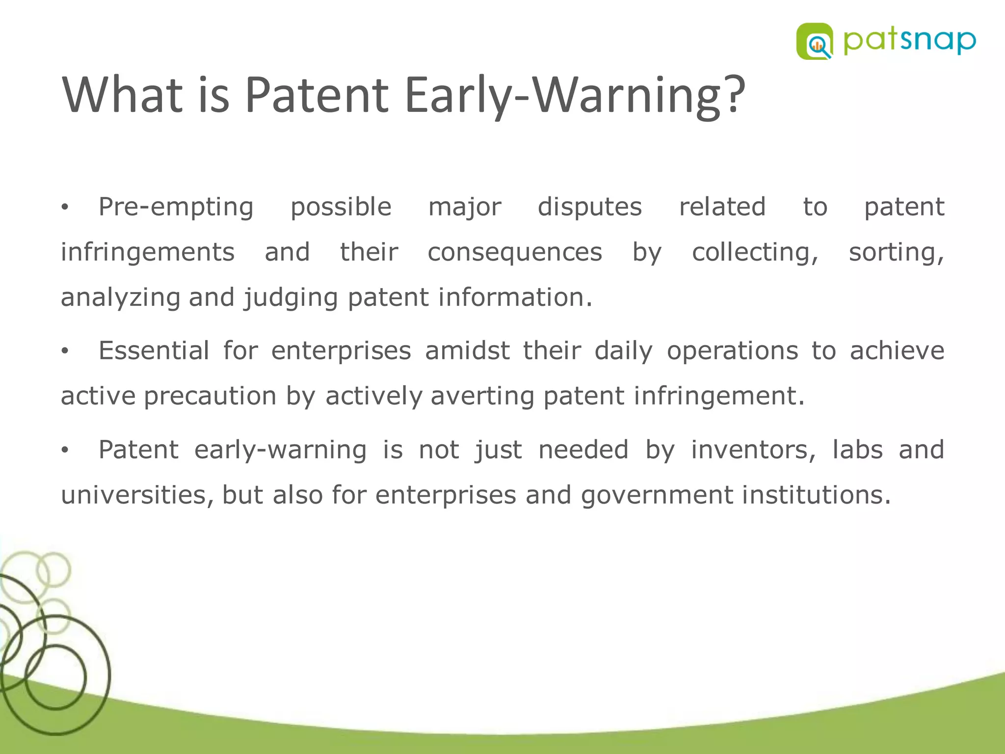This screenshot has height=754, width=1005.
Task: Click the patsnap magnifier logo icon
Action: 815,42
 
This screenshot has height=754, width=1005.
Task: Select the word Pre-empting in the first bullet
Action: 176,207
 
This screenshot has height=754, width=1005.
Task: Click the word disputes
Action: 589,207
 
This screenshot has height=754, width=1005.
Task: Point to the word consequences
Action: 514,252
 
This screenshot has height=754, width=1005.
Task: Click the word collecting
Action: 755,252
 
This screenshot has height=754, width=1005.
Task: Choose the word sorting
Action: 896,252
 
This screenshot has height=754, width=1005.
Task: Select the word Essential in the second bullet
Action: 154,351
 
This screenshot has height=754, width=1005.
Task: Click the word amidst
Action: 467,351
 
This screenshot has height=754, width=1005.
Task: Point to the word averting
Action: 482,396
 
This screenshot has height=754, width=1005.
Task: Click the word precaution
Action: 210,396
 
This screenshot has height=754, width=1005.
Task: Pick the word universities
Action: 137,495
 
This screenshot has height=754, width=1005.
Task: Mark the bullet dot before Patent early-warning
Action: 64,450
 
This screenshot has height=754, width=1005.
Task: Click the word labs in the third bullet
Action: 857,450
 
